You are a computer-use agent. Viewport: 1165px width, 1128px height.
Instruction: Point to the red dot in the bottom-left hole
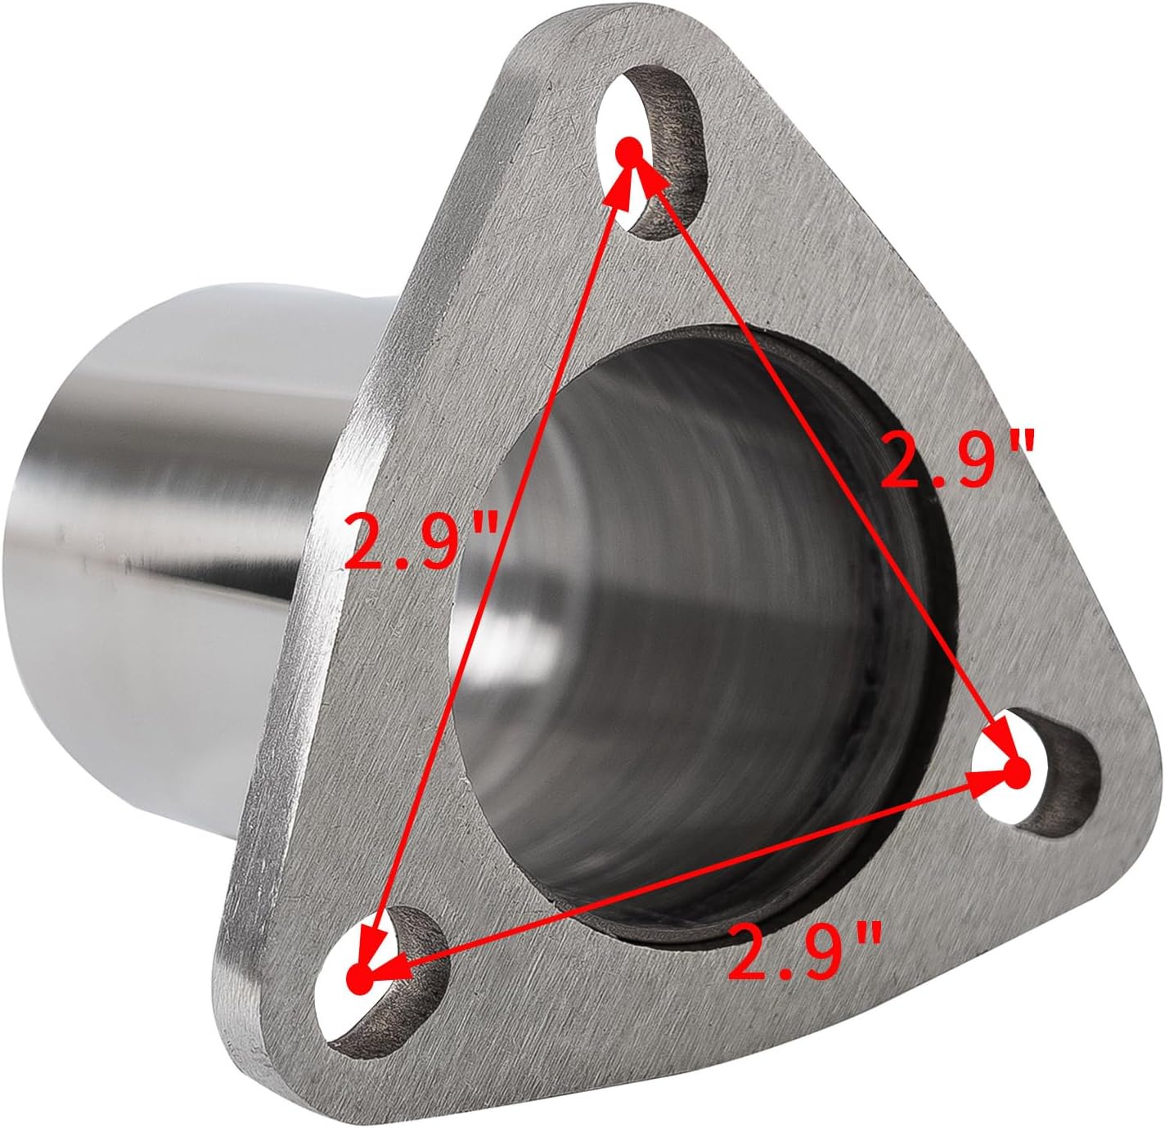(x=358, y=973)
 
